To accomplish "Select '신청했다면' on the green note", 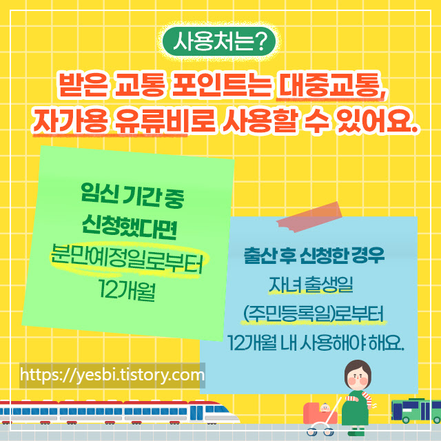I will [x=129, y=223].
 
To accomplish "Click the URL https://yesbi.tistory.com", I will [x=112, y=376].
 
